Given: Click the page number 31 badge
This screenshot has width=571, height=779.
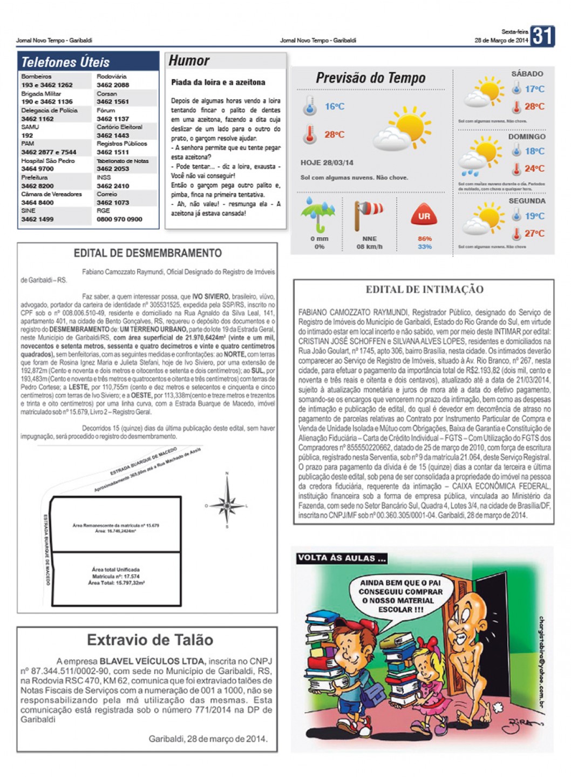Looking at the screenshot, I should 542,36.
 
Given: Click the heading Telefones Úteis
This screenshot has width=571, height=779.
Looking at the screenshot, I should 65,62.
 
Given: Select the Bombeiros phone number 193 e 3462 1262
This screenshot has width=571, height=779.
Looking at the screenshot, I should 47,85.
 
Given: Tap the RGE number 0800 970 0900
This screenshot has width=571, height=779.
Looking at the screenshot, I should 119,219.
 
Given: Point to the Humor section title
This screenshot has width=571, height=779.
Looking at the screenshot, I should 189,60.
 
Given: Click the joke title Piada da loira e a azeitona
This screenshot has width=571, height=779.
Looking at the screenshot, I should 218,83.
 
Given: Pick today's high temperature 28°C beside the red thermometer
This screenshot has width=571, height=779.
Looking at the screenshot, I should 334,134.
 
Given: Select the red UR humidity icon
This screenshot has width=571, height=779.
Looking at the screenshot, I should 424,216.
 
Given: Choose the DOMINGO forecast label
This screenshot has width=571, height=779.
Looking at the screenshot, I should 526,137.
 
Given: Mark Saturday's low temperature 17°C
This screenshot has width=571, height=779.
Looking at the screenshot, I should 534,89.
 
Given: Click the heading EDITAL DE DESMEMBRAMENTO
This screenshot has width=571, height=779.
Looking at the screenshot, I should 147,253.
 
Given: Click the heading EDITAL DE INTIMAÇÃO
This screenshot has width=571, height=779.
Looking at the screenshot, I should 424,289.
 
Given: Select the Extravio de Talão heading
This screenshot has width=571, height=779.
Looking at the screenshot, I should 150,640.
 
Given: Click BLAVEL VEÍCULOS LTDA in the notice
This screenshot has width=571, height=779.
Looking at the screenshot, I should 153,661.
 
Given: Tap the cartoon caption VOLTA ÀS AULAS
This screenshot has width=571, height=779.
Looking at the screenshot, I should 342,558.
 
